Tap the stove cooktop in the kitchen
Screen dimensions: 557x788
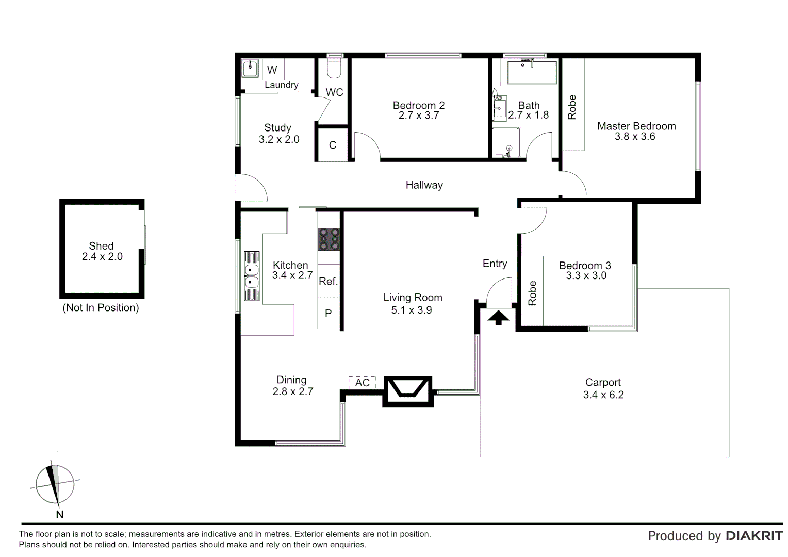[x=329, y=239]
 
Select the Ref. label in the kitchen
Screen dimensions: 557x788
[x=329, y=281]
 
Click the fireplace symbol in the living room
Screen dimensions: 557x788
[x=407, y=391]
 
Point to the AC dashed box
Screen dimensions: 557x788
[x=362, y=382]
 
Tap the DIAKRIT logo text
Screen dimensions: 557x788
[x=754, y=536]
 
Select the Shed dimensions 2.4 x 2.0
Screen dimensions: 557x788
[x=102, y=257]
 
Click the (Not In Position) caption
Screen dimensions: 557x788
[x=101, y=308]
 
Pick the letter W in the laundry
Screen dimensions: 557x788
[x=272, y=70]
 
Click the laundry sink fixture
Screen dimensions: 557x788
[x=251, y=69]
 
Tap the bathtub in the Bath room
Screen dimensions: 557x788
[x=532, y=73]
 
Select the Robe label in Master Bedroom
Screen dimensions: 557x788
[x=572, y=107]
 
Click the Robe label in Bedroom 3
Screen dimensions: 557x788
[x=533, y=293]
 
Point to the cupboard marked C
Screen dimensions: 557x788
[x=333, y=145]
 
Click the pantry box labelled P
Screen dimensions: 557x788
[x=329, y=314]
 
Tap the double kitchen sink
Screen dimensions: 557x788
[x=252, y=276]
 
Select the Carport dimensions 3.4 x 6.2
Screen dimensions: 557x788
[x=603, y=395]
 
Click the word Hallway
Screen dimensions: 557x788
[x=424, y=185]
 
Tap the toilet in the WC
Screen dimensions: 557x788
[x=335, y=67]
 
